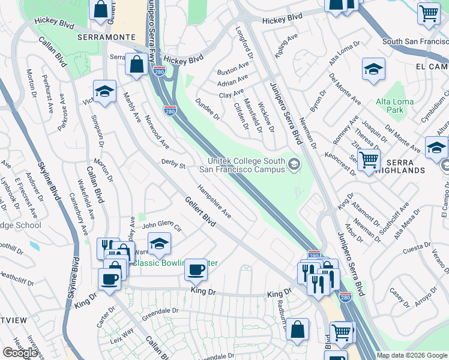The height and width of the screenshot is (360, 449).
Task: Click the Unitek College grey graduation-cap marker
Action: pos(294,164)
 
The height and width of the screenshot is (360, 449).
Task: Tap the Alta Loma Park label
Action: pos(394,106)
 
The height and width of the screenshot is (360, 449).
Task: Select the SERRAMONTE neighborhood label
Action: pos(106,37)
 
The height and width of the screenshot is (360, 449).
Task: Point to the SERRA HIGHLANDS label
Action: pos(412,166)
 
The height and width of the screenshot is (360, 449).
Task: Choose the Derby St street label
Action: pos(174,163)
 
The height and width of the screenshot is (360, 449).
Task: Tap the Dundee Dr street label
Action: pos(208,110)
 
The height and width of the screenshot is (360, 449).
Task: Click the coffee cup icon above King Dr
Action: pos(196,269)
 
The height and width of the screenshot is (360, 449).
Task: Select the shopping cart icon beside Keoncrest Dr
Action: pos(368,160)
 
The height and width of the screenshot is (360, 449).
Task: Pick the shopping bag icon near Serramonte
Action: pos(136,64)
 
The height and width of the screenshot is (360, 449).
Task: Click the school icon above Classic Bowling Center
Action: pos(159,243)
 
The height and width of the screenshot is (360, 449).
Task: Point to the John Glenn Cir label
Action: pos(161,226)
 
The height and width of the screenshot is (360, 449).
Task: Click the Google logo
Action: pos(20,353)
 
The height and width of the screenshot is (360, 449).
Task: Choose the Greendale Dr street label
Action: pos(160,311)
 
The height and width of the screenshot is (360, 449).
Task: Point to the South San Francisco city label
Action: pos(415,42)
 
